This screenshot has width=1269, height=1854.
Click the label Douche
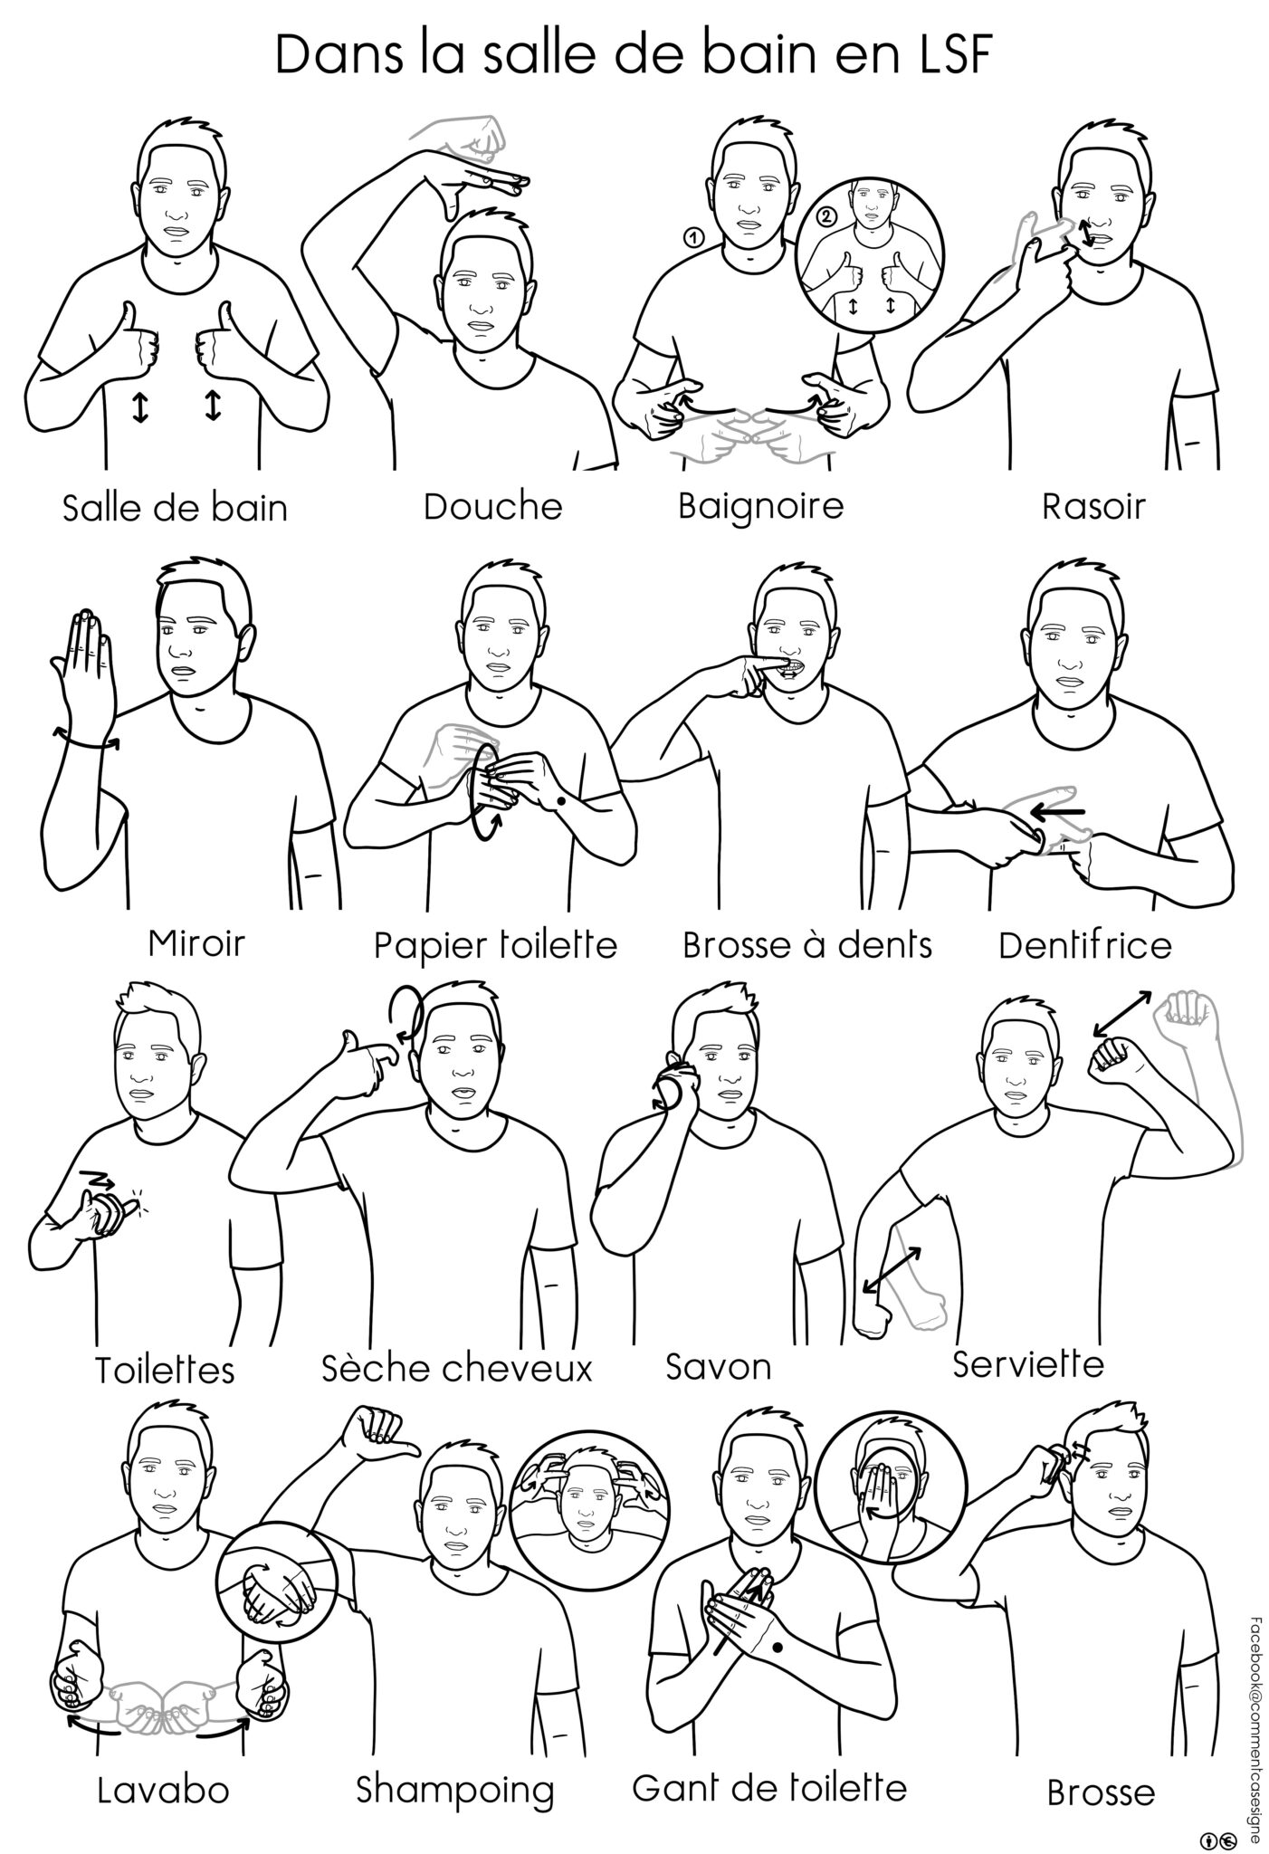(492, 507)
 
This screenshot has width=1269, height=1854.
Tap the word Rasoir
(1093, 507)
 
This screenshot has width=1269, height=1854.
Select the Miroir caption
(196, 944)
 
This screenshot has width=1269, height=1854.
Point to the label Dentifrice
(1085, 946)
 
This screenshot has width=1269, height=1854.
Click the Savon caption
(719, 1366)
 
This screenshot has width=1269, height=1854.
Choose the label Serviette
(1028, 1363)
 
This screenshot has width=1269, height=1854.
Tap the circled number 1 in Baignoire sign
(692, 238)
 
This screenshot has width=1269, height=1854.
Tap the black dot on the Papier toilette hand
(562, 801)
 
